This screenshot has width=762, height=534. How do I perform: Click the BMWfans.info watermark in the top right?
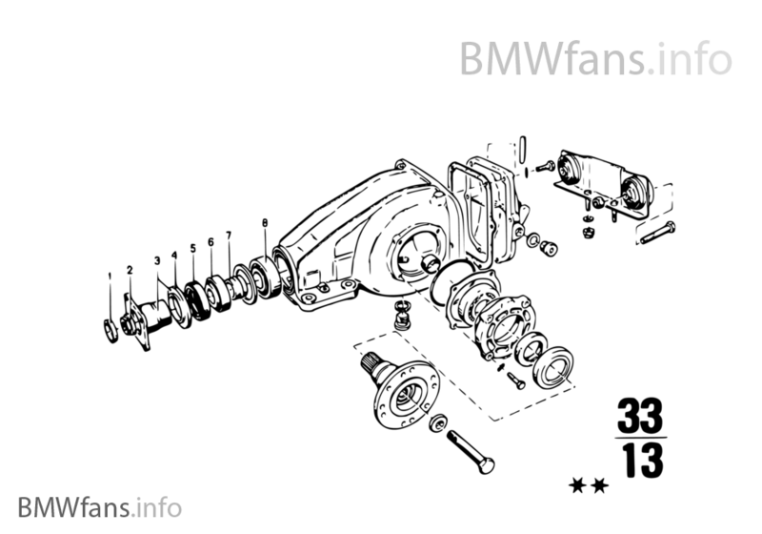[596, 58]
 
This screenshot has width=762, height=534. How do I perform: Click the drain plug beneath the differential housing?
[401, 312]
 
